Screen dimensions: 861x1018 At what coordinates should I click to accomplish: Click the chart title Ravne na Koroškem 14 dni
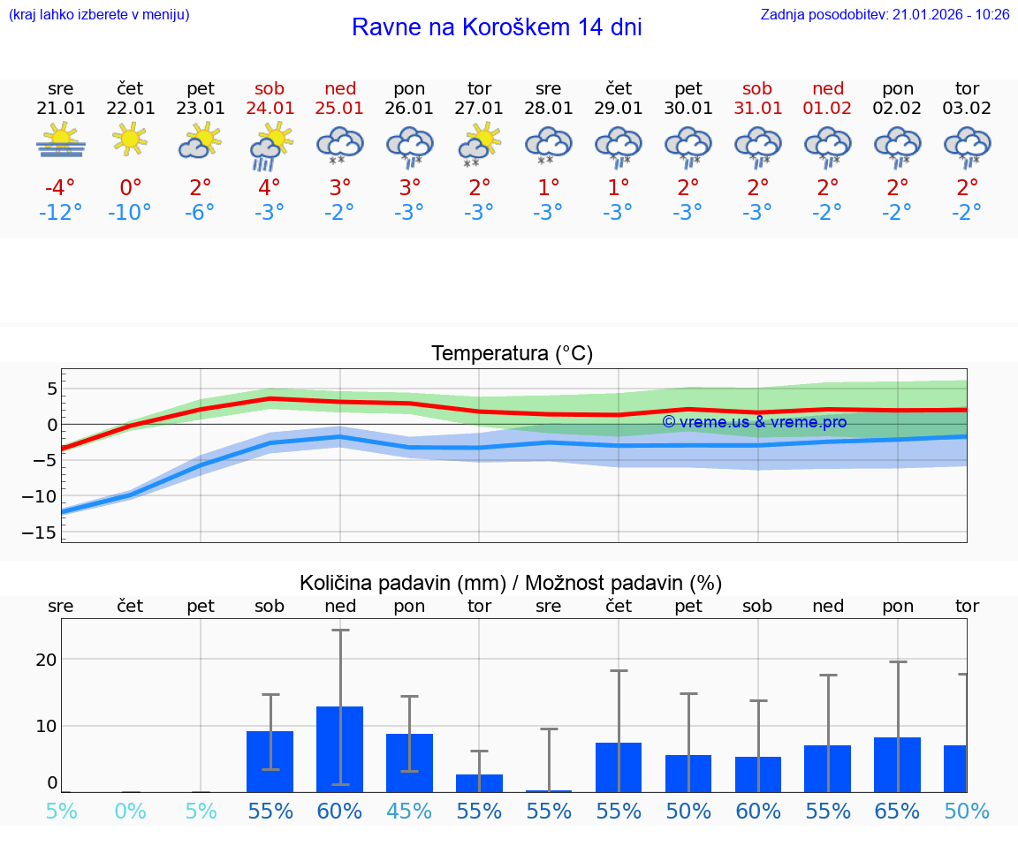coord(497,27)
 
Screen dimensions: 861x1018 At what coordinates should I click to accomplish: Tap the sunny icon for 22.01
coord(130,139)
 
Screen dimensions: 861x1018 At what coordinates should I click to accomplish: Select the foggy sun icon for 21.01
coord(61,141)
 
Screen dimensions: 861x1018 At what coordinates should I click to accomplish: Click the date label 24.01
coord(270,108)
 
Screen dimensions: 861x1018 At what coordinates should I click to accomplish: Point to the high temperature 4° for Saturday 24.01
coord(270,187)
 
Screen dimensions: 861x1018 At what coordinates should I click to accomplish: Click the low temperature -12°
coord(61,212)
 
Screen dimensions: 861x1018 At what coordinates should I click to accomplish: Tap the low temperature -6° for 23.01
coord(201,212)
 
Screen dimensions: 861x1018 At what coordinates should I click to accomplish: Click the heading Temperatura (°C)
coord(512,353)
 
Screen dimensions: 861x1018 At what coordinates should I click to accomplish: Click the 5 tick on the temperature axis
coord(52,389)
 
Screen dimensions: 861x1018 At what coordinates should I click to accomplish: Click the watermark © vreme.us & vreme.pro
coord(754,422)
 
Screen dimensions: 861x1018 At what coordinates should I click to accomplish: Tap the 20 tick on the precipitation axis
coord(46,659)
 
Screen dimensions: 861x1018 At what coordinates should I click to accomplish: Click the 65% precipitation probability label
coord(898,812)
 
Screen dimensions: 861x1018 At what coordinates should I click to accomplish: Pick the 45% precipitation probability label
coord(409,812)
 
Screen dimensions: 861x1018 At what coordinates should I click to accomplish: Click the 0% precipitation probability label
coord(130,812)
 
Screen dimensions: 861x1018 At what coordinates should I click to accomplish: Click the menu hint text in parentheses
coord(98,15)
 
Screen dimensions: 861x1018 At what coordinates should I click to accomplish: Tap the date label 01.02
coord(828,108)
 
